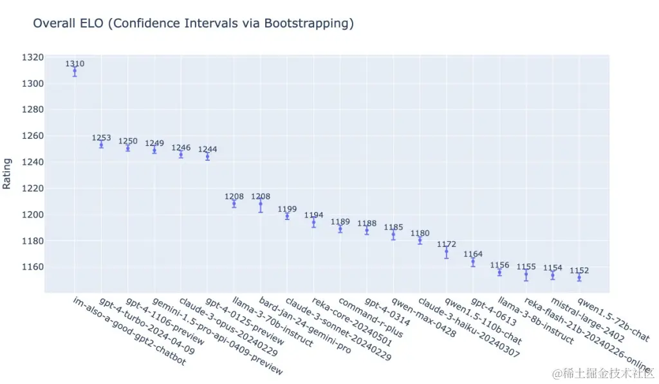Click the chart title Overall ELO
[193, 24]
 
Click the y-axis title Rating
[7, 174]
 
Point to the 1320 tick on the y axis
[32, 57]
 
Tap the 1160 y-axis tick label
[32, 267]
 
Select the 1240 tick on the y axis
[32, 162]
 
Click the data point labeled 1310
[75, 71]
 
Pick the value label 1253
[101, 138]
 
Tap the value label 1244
[207, 149]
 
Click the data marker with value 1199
[287, 215]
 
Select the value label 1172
[446, 244]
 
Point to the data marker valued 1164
[473, 262]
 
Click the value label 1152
[579, 271]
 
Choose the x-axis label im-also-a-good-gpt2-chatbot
[129, 331]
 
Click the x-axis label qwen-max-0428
[423, 317]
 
